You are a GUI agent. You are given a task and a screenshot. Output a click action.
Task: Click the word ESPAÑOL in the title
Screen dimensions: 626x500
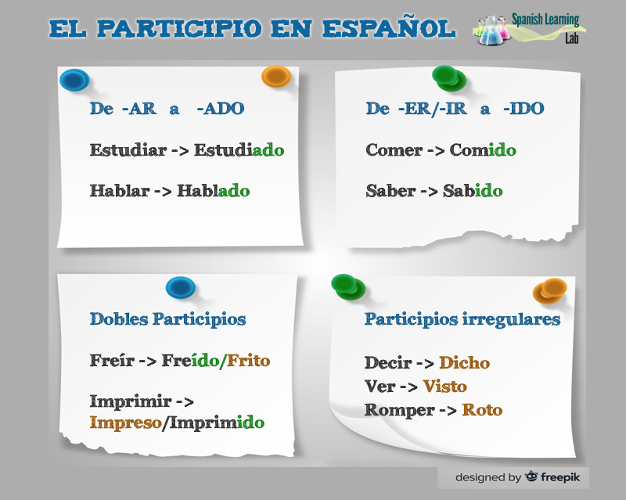tap(389, 29)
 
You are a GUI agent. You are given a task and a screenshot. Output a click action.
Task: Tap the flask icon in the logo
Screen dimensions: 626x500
tap(491, 31)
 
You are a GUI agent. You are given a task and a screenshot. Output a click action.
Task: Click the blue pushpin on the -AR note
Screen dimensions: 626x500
tap(74, 80)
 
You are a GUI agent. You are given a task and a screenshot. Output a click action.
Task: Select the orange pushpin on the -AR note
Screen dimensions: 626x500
tap(276, 77)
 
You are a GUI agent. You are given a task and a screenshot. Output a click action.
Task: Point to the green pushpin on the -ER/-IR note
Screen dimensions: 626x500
tap(449, 78)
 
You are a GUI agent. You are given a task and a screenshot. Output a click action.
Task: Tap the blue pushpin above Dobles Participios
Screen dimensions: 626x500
tap(181, 287)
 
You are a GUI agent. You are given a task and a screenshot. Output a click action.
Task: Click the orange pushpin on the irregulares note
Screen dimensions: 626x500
tap(550, 291)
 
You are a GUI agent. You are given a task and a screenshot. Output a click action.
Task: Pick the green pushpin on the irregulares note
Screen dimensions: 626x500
tap(348, 286)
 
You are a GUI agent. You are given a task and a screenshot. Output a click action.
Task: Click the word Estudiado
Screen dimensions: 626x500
tap(239, 150)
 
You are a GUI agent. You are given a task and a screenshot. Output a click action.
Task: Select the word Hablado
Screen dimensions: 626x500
tap(213, 190)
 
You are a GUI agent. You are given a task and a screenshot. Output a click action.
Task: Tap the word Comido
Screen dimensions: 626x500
tap(483, 150)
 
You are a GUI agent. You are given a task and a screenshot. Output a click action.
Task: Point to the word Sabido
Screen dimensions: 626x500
tap(473, 190)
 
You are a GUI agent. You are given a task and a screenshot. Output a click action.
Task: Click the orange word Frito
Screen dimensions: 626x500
tap(248, 360)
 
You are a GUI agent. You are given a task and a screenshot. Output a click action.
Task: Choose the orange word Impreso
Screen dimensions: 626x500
tap(125, 423)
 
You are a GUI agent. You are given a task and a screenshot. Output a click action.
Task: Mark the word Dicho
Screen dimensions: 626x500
tap(464, 362)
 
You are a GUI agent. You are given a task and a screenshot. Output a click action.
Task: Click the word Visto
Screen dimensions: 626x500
tap(444, 387)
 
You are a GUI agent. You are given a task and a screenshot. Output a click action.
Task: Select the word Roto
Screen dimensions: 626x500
tap(482, 410)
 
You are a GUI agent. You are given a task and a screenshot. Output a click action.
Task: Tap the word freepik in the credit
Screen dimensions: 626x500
tap(560, 477)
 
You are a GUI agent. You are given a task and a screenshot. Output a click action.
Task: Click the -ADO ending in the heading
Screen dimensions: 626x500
tap(221, 108)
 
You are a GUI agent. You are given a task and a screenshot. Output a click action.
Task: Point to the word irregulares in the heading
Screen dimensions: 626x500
tap(512, 319)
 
